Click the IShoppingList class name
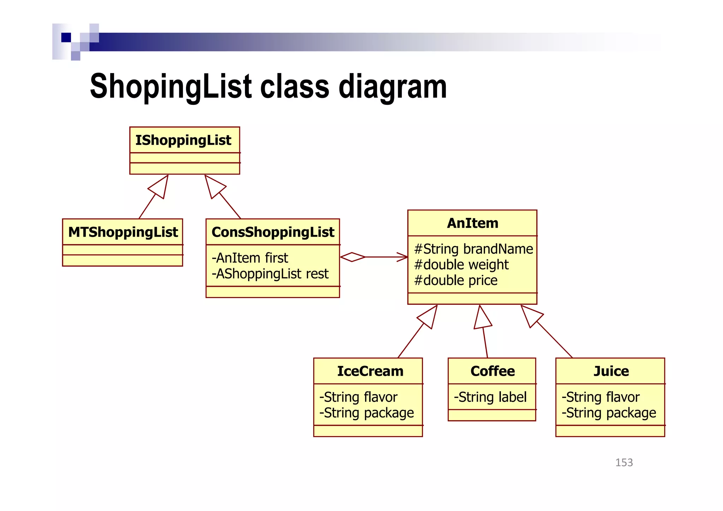[x=183, y=140]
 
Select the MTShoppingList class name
[x=123, y=232]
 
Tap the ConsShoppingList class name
[x=273, y=232]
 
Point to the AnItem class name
[x=472, y=223]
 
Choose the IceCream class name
[x=370, y=371]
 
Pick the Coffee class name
[x=492, y=371]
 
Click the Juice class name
[x=611, y=371]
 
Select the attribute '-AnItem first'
[x=250, y=258]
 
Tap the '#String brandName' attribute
[x=473, y=249]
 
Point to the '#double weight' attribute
[x=461, y=265]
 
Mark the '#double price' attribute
[x=455, y=280]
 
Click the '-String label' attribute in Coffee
[x=490, y=397]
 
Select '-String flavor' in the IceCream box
[x=358, y=397]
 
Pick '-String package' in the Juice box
[x=609, y=413]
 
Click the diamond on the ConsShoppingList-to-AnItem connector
[x=352, y=257]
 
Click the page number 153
[x=624, y=463]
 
